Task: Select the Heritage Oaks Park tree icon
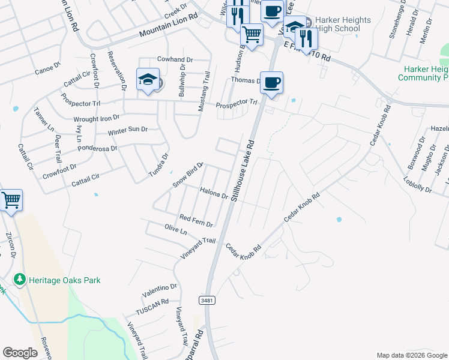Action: point(20,280)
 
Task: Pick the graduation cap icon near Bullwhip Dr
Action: point(147,79)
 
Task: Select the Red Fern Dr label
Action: point(196,220)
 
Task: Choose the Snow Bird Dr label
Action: point(188,175)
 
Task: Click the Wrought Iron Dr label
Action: point(96,119)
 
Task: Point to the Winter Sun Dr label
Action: point(127,130)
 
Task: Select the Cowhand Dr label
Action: point(175,59)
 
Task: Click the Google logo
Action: point(20,353)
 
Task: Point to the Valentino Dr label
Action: point(160,291)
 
